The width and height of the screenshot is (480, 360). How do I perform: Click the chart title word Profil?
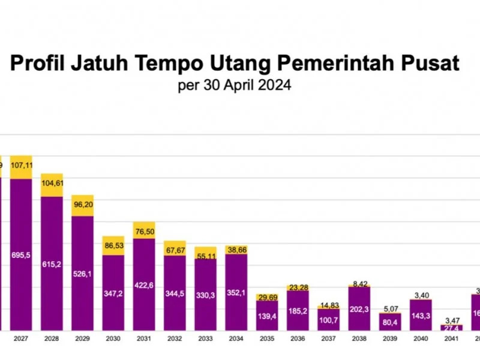point(40,64)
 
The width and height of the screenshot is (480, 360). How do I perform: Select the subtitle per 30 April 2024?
point(235,85)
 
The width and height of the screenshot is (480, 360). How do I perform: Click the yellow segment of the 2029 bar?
point(83,205)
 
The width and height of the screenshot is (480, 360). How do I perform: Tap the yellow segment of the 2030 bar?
point(113,245)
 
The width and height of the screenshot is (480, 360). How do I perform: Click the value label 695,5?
point(20,255)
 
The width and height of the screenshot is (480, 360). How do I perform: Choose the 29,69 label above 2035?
point(267,297)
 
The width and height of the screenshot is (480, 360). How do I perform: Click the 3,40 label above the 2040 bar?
point(421,295)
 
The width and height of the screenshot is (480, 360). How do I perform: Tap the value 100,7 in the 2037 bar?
point(329,320)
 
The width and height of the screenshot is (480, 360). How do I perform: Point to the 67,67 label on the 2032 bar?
point(175,250)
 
